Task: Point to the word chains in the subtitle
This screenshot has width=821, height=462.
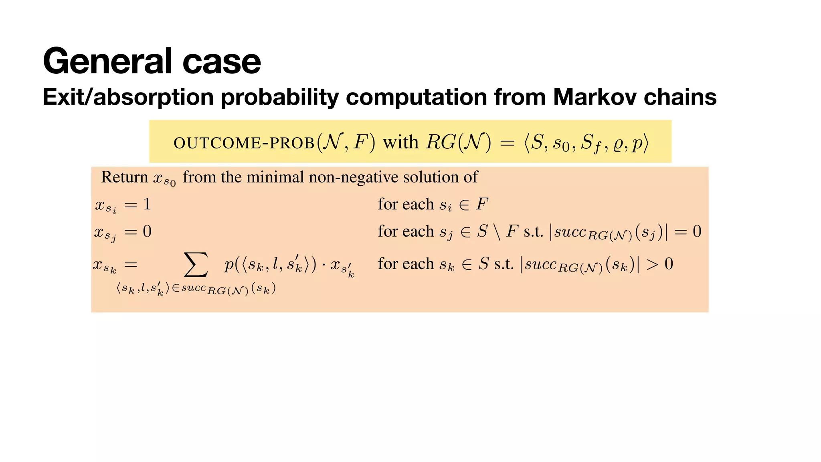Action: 680,97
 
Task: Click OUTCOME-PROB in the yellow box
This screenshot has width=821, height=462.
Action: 244,143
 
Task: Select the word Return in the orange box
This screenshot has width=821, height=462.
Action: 124,177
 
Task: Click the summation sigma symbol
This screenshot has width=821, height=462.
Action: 196,265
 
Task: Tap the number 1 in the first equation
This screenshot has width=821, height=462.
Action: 147,205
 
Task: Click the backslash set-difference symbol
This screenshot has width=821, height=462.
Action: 497,232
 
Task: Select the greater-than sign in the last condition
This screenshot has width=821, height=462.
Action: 652,264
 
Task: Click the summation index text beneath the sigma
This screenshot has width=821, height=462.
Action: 196,289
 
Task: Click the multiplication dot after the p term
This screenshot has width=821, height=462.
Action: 323,265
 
